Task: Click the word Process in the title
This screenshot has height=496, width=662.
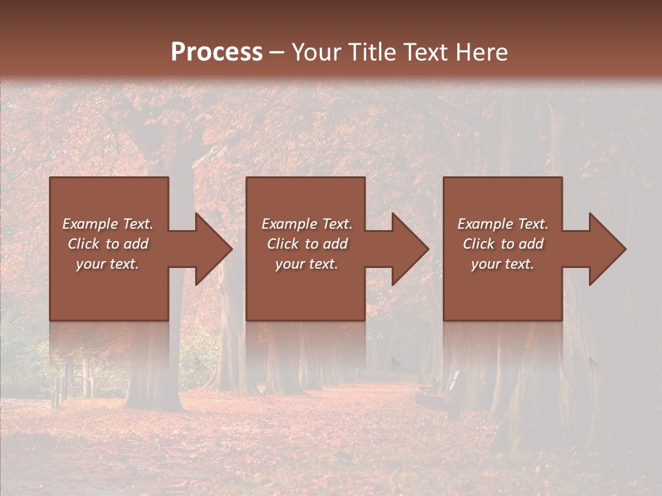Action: tap(217, 52)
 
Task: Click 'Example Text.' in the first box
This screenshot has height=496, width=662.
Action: tap(108, 224)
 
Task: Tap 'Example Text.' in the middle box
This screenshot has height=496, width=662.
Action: tap(307, 224)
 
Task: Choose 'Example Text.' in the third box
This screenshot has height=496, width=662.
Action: tap(503, 224)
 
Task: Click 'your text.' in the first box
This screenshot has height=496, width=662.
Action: tap(108, 264)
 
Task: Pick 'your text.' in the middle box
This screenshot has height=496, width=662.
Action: tap(307, 264)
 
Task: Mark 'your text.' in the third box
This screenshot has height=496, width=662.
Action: tap(503, 264)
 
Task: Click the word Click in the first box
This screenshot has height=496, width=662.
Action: tap(83, 244)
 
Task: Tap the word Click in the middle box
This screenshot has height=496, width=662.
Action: tap(283, 244)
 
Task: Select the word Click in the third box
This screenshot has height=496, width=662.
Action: tap(479, 244)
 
